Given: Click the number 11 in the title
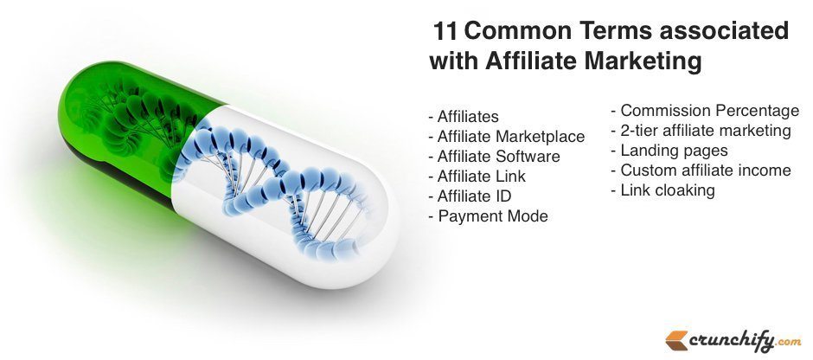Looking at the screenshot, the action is pyautogui.click(x=445, y=32).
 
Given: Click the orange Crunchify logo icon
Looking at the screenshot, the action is pyautogui.click(x=677, y=341).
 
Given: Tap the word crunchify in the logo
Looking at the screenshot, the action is pyautogui.click(x=732, y=341).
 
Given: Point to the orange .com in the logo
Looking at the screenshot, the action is pyautogui.click(x=788, y=343).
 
